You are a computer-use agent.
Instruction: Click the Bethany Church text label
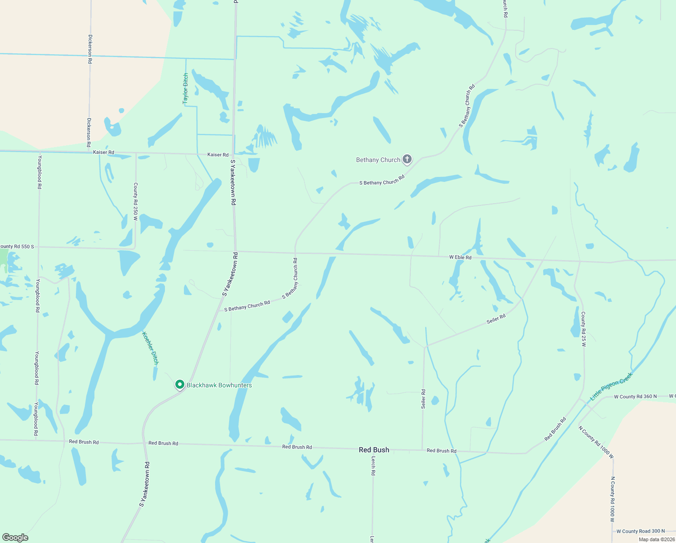378,160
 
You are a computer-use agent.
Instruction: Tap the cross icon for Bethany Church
407,159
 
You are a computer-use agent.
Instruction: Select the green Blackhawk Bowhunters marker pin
180,385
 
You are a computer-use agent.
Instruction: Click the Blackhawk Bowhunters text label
219,385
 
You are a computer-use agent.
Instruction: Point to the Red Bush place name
374,450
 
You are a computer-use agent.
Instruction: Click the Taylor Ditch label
185,89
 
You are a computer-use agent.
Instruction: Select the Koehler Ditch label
150,348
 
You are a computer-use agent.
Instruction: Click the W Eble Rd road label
460,257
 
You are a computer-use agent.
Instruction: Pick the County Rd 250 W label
135,201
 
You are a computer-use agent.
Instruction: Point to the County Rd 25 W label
583,329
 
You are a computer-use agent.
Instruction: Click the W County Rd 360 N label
635,397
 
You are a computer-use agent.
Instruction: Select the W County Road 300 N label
640,531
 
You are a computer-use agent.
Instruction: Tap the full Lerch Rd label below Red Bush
373,466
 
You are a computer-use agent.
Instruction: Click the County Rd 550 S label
17,247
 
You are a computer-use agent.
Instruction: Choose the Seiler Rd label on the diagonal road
496,319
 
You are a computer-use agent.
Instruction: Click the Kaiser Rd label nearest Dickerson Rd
103,152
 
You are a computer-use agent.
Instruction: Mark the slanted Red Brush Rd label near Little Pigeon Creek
555,429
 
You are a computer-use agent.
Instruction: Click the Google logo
15,538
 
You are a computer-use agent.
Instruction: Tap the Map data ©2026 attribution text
656,539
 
